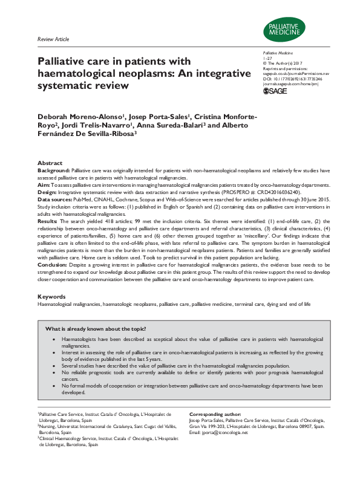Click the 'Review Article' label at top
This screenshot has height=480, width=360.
[x=53, y=39]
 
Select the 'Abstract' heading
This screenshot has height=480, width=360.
[x=50, y=163]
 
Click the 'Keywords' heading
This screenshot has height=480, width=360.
[x=51, y=297]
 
